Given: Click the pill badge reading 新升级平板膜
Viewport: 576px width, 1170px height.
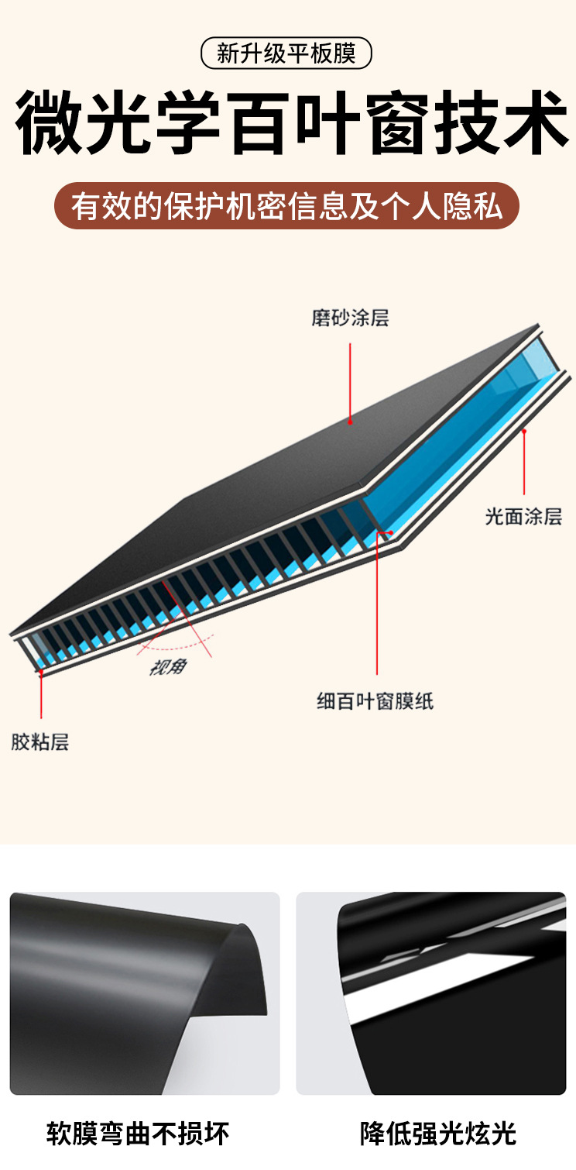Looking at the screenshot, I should click(x=286, y=54).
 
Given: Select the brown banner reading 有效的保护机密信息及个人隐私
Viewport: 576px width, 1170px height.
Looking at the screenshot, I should click(x=286, y=206).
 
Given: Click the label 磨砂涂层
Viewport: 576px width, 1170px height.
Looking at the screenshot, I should click(x=350, y=318).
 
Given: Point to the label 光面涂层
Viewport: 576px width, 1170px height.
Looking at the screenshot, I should click(x=523, y=516).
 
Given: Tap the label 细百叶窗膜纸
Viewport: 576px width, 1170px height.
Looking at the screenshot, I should click(x=375, y=702).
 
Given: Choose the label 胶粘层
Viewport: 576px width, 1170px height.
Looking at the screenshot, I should click(x=40, y=742).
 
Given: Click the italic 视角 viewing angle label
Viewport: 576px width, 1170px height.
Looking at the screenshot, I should click(x=167, y=666).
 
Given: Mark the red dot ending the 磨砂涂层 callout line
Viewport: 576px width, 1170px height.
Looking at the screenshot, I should click(x=350, y=422).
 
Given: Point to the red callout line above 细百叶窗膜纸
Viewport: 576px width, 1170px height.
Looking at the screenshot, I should click(x=377, y=604).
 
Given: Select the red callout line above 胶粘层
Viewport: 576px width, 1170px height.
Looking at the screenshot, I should click(x=41, y=697).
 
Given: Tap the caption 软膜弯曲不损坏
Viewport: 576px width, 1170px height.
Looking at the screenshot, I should click(x=138, y=1134).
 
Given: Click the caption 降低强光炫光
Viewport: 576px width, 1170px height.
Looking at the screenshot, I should click(x=438, y=1134).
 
